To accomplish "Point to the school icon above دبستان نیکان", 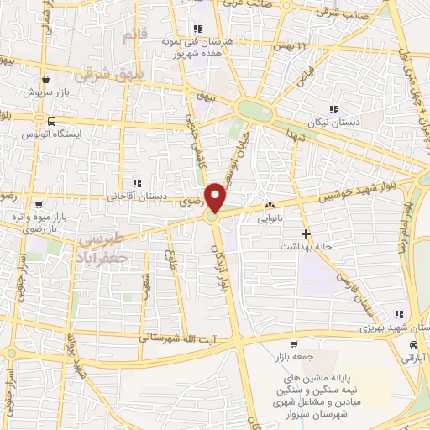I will pos(334,108).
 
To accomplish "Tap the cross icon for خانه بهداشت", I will pos(306,233).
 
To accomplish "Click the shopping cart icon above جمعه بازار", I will pos(293,344).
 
